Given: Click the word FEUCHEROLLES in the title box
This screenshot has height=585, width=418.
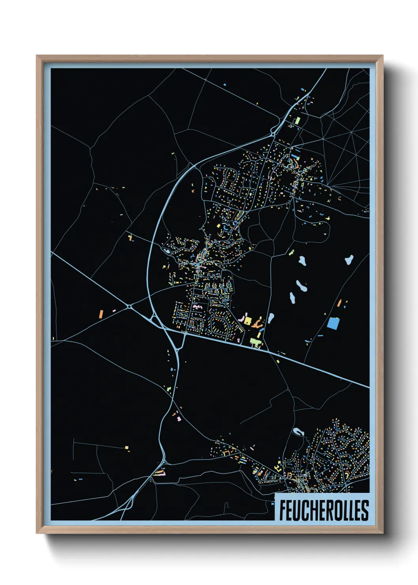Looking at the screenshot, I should (324, 510).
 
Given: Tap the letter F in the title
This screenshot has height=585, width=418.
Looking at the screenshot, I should (283, 510).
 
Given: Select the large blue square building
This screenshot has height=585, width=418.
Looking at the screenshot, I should (333, 323).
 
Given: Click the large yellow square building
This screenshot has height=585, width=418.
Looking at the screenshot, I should (248, 320).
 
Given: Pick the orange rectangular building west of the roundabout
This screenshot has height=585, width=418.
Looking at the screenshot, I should (101, 314).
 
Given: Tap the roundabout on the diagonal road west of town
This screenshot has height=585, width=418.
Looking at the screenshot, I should (130, 307).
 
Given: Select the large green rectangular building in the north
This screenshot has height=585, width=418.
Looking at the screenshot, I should (298, 120).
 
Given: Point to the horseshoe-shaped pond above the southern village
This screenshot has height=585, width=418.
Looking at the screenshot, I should (298, 431).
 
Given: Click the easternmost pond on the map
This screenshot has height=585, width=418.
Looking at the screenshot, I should (349, 260).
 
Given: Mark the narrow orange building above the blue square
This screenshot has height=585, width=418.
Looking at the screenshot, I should (339, 303).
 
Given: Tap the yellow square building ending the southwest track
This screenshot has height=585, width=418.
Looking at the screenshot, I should (127, 447).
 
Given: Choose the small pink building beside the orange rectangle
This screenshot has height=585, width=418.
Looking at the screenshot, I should (114, 311).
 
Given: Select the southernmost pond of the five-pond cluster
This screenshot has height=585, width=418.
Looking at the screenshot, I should (271, 317).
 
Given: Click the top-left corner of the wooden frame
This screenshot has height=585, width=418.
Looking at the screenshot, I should (37, 56).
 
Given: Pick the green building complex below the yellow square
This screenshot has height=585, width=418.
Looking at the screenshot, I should (255, 341).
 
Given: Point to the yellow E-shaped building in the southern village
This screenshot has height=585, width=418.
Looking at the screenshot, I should (277, 469).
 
